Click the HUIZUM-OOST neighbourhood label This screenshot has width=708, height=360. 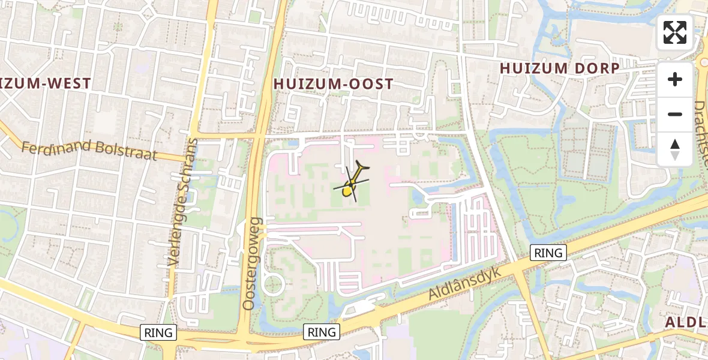333,84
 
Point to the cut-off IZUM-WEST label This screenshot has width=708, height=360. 46,83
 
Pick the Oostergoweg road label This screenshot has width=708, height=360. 250,264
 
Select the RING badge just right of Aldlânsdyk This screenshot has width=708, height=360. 548,253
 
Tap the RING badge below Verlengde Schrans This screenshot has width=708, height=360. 158,332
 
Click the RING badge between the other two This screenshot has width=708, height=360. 322,332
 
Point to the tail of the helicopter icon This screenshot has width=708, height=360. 364,167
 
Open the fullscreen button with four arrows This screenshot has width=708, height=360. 675,32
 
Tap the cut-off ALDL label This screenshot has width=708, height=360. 686,322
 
